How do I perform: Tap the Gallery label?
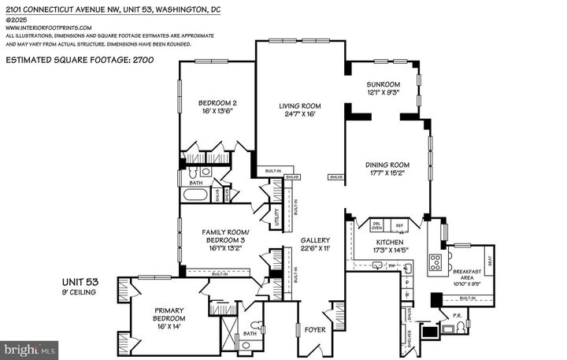pos(314,240)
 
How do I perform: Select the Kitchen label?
pos(389,241)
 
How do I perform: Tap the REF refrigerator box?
pos(399,225)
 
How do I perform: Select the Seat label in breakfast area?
pos(489,258)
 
